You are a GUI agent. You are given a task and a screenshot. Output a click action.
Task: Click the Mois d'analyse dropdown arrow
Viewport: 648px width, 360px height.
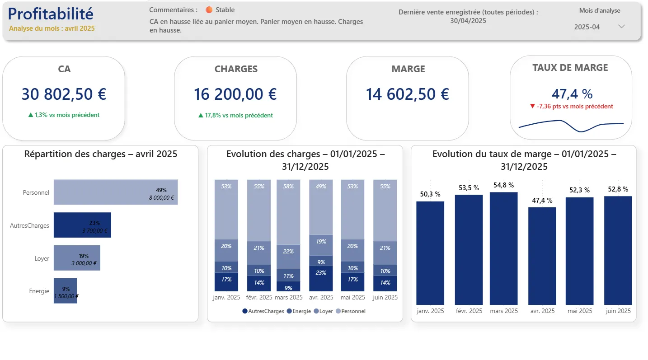tap(621, 27)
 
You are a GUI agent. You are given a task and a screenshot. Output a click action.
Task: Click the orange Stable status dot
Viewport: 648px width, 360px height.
tap(209, 10)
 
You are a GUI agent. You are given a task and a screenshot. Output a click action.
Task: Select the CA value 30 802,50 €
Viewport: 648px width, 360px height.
tap(64, 94)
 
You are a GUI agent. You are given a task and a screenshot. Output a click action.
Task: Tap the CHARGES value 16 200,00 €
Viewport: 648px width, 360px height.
tap(235, 94)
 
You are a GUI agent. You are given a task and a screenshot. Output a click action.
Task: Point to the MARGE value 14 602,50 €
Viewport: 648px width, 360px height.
tap(407, 94)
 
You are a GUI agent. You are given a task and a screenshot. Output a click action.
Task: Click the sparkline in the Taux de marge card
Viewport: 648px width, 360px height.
tap(571, 125)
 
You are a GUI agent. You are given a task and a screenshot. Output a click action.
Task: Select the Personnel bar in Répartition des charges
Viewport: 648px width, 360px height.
tap(115, 192)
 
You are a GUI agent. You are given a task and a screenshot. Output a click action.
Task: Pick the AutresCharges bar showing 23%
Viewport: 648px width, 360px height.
tap(82, 225)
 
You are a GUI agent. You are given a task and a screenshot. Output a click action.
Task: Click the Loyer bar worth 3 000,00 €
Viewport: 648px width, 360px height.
tap(77, 258)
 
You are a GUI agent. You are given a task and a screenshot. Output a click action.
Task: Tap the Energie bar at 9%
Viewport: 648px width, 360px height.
tap(65, 291)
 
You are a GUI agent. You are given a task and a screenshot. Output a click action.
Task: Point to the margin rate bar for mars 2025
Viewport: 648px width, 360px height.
tap(504, 248)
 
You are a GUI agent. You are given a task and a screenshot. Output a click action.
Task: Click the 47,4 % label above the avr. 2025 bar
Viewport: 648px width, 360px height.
tap(542, 201)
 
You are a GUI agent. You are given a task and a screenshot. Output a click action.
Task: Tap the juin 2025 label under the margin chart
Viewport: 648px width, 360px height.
tap(618, 311)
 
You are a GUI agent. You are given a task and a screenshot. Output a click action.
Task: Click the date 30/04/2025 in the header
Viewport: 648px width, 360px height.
tap(468, 21)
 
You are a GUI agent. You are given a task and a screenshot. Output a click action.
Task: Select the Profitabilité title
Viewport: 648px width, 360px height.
tap(51, 14)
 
